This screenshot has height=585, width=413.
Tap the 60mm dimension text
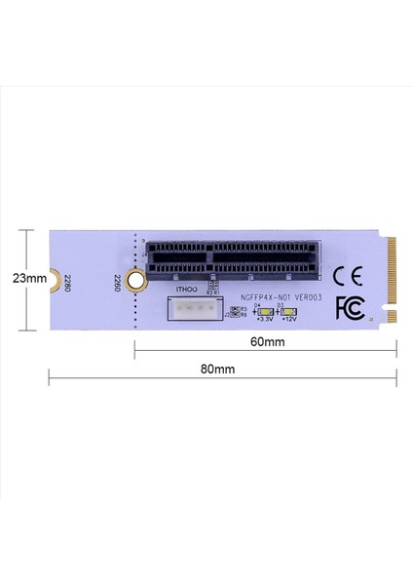pyautogui.click(x=266, y=342)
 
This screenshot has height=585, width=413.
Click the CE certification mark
pyautogui.click(x=348, y=274)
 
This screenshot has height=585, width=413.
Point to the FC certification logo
pyautogui.click(x=350, y=306)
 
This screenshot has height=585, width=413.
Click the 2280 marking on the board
pyautogui.click(x=67, y=285)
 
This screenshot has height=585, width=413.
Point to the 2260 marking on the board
pyautogui.click(x=117, y=285)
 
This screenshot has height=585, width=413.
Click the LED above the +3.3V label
pyautogui.click(x=265, y=312)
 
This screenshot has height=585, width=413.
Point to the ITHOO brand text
pyautogui.click(x=186, y=291)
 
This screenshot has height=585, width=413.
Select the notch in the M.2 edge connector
pyautogui.click(x=391, y=314)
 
